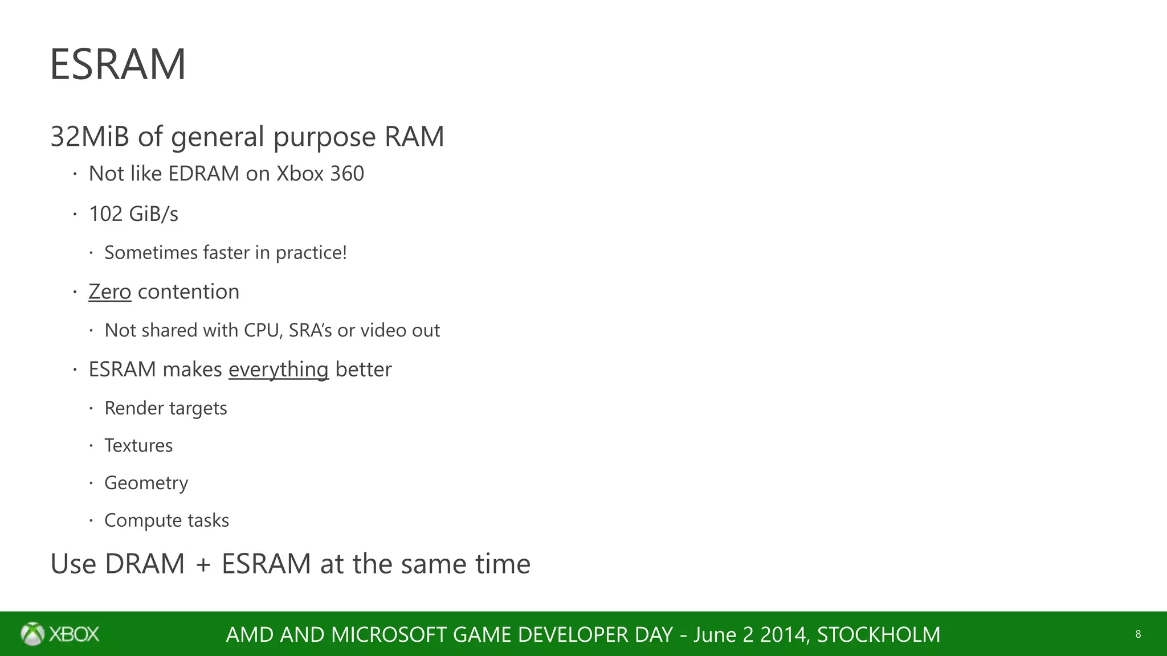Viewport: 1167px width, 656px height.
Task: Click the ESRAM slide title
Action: tap(118, 64)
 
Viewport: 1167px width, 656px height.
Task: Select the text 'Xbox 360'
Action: tap(320, 174)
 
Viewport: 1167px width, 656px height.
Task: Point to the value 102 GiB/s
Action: tap(133, 214)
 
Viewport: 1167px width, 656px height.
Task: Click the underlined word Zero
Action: tap(110, 292)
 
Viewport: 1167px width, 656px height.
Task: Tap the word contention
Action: tap(189, 292)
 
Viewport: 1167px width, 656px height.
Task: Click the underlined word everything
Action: tap(279, 370)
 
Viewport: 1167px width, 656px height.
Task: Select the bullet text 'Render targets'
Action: tap(166, 408)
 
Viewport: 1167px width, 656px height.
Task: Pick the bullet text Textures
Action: tap(138, 445)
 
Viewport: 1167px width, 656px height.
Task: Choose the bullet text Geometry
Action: tap(146, 483)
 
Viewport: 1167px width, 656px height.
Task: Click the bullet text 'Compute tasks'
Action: tap(166, 520)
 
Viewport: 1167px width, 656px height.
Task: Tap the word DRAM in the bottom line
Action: tap(145, 564)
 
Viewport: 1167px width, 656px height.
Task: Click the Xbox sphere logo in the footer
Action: tap(32, 634)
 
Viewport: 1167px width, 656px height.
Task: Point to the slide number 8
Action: tap(1138, 634)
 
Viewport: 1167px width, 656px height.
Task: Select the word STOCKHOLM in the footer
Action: tap(879, 634)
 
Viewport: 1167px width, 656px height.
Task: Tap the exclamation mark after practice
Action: tap(344, 252)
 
